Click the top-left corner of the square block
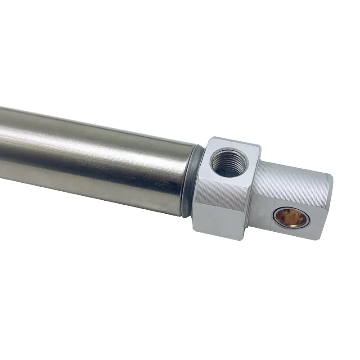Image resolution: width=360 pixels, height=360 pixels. (x=208, y=139)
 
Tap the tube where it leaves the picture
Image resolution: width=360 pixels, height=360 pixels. (x=2, y=148)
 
